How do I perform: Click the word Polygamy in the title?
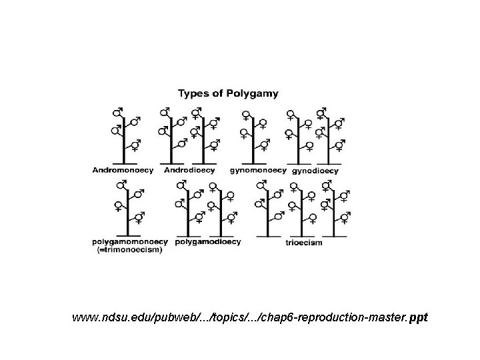(255, 93)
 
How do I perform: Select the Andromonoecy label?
(123, 170)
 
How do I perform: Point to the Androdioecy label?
(189, 170)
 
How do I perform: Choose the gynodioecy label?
(314, 171)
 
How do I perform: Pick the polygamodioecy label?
(207, 242)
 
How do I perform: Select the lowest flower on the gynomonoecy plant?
(263, 145)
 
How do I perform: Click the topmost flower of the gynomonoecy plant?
(247, 111)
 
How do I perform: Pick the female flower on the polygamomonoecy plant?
(118, 205)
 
